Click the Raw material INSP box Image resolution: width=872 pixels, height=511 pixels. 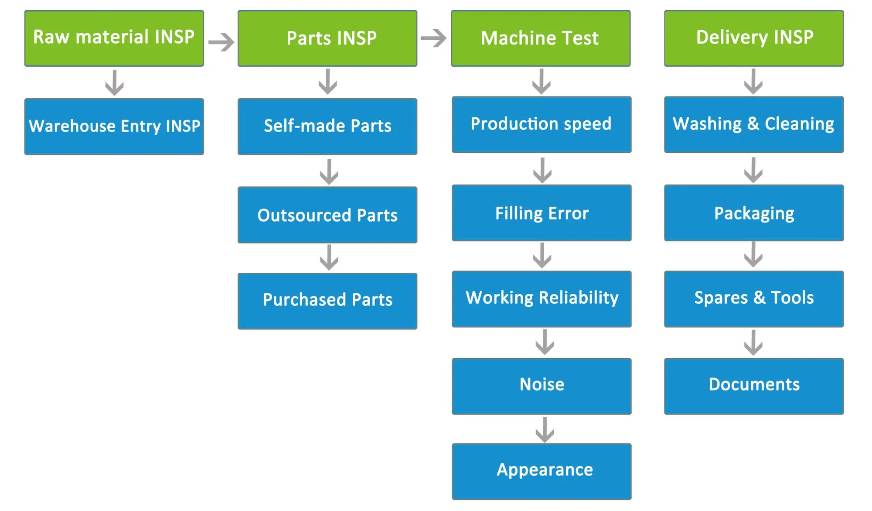click(x=114, y=38)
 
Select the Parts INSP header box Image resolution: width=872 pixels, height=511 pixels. click(x=327, y=38)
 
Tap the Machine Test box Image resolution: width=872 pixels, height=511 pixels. click(x=541, y=38)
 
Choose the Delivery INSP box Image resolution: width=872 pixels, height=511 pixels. click(x=754, y=38)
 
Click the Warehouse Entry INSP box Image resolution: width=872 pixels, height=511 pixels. click(x=114, y=127)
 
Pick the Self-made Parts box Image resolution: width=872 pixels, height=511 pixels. click(x=327, y=127)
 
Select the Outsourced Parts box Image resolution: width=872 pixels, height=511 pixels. click(x=327, y=215)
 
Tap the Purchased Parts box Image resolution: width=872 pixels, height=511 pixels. click(x=327, y=301)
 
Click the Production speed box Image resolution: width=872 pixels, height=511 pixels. click(x=542, y=125)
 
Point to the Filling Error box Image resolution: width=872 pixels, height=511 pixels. click(x=542, y=213)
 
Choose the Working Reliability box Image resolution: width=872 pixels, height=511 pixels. click(x=542, y=299)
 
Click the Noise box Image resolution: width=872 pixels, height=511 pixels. click(x=542, y=386)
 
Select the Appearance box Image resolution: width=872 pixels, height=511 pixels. click(x=542, y=472)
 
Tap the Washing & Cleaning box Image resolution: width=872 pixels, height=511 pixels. click(x=754, y=125)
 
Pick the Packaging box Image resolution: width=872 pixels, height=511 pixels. click(x=754, y=213)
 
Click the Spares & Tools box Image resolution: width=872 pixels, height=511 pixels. click(x=754, y=299)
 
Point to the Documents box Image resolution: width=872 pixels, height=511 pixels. click(x=754, y=386)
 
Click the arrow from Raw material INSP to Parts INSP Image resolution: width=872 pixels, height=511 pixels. click(x=221, y=42)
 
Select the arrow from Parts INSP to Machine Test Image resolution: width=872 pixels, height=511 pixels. click(x=434, y=38)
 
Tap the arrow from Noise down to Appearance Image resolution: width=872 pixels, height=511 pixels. click(x=545, y=430)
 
